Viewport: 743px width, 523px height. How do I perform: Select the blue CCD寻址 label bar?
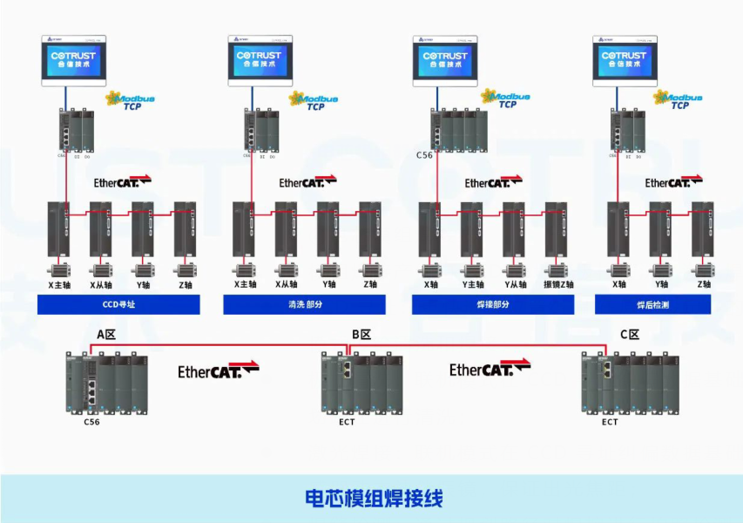pos(118,305)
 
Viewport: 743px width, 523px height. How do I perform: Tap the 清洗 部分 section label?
pos(304,305)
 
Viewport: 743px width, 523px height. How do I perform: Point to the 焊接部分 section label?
pos(493,305)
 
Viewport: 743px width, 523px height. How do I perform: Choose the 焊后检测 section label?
pos(652,305)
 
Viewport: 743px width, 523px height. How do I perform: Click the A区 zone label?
pos(105,334)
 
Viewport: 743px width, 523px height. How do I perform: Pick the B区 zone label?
pos(361,334)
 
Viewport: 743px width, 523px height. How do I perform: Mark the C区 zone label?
pos(630,334)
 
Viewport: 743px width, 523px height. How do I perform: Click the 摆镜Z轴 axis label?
pos(558,284)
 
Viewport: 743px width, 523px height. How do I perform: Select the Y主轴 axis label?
pos(473,284)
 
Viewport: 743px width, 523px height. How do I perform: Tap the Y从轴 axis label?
pos(516,284)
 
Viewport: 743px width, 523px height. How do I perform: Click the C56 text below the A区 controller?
pos(91,422)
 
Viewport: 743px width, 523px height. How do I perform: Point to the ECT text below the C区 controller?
pos(610,422)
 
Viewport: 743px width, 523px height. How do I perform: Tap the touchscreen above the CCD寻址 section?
pos(73,60)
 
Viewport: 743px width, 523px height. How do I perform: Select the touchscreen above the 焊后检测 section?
pos(625,60)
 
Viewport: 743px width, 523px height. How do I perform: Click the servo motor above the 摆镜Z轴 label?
pos(557,268)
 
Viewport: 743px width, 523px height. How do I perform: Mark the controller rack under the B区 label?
pos(361,384)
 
